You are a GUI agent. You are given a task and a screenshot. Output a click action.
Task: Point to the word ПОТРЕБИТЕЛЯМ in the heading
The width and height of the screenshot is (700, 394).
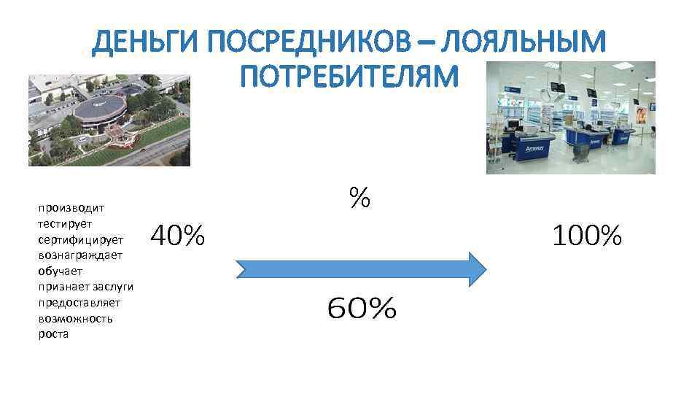pos(349,75)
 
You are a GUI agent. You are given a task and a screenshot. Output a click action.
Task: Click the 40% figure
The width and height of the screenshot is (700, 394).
pos(177,236)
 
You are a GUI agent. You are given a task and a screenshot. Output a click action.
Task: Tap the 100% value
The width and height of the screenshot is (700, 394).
pos(587,236)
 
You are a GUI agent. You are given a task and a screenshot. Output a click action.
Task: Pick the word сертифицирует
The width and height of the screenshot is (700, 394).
pos(81,239)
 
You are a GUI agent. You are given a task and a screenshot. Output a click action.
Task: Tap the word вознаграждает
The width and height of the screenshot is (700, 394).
pos(80,255)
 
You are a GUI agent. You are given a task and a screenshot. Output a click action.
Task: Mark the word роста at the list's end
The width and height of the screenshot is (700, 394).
pos(52,335)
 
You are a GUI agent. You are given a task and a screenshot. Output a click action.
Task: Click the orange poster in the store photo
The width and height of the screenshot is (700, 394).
pos(641,115)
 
